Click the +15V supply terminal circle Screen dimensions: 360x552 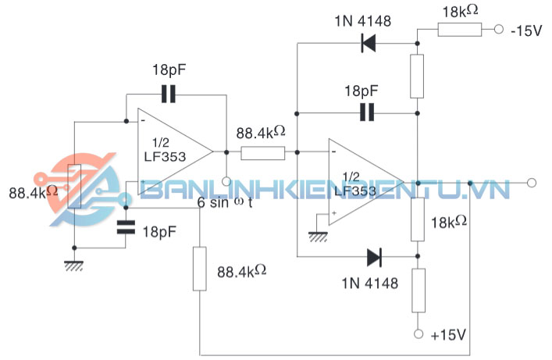(x=418, y=333)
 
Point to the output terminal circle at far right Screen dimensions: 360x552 (x=532, y=183)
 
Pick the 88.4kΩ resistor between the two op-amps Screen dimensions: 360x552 (x=262, y=152)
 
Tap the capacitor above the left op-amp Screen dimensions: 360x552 (x=169, y=95)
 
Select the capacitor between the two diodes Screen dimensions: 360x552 (x=367, y=112)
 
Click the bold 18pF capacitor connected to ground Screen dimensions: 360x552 (x=126, y=229)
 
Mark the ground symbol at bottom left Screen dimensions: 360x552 (x=74, y=266)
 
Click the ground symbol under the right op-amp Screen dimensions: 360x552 (x=317, y=235)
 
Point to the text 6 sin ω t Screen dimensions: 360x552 (x=224, y=202)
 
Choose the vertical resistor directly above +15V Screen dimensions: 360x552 (x=418, y=290)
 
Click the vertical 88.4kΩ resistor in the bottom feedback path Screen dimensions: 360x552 (x=201, y=269)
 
